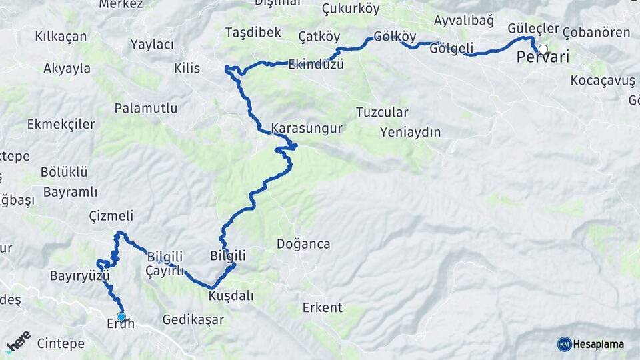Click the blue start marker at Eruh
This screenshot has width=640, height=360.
[121, 317]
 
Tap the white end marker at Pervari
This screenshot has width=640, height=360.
[543, 49]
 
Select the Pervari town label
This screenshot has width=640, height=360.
[543, 57]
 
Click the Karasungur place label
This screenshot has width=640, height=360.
[307, 128]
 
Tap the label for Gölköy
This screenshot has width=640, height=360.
[395, 37]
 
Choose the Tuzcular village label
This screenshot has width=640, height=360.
[382, 112]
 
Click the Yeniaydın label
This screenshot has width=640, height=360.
[410, 132]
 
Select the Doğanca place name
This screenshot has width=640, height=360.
[303, 244]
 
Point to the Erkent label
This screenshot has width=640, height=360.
[322, 307]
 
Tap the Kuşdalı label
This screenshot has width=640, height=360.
[231, 295]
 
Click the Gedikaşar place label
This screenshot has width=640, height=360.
[193, 320]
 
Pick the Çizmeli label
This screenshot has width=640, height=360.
[111, 215]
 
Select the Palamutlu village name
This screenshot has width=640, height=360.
[145, 107]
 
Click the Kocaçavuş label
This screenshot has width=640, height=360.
[603, 80]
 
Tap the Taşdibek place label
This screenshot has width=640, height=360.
[253, 33]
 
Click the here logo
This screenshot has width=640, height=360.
[18, 341]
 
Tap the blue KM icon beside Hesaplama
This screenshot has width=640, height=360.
[564, 344]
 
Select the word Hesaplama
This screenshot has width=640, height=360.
[598, 344]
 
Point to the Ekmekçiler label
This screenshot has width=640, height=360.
[61, 124]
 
